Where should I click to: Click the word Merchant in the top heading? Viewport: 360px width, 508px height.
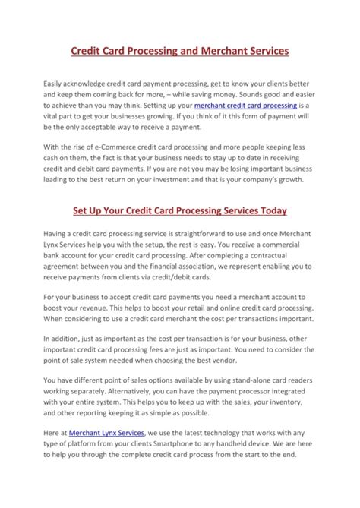[225, 52]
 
